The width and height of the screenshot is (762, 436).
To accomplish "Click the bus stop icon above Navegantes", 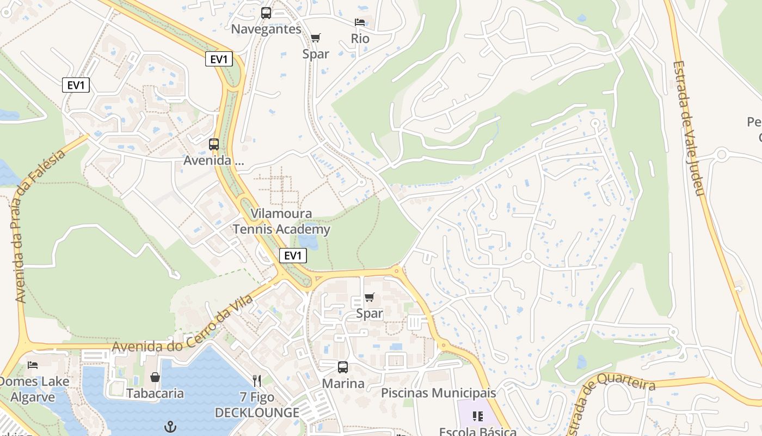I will click(266, 13).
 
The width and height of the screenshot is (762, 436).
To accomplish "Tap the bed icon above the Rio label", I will click(360, 22).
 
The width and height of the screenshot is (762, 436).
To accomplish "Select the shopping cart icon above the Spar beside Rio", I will click(316, 38).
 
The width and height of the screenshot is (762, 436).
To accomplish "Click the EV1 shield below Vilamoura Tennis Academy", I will click(293, 255).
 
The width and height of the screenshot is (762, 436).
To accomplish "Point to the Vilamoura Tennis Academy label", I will click(281, 221).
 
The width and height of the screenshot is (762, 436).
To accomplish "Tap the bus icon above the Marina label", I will click(342, 367).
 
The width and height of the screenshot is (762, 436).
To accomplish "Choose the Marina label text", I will click(343, 384).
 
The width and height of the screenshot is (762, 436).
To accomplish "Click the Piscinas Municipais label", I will click(438, 393).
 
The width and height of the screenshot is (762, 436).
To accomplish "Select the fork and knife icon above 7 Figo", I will click(257, 380).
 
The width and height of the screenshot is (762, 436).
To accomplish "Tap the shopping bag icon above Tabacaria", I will click(155, 377).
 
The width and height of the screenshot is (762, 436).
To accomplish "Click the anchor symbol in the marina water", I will click(171, 426).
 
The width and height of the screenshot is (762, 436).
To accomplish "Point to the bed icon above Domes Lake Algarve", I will click(33, 365).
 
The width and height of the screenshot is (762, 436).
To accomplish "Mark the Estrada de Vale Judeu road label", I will click(689, 128).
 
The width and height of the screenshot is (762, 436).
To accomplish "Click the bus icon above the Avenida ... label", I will click(214, 144).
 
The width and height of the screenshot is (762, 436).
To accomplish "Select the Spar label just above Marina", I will click(370, 314).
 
